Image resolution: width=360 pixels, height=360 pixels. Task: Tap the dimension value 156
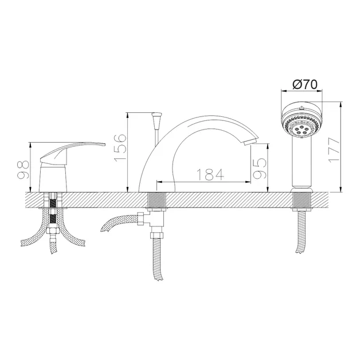pyautogui.click(x=120, y=148)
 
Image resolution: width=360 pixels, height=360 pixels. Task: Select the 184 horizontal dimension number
pyautogui.click(x=210, y=174)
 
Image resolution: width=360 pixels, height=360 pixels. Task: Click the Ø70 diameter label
pyautogui.click(x=305, y=84)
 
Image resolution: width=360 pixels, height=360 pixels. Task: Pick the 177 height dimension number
pyautogui.click(x=334, y=150)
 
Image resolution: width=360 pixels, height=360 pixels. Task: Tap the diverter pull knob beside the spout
pyautogui.click(x=157, y=121)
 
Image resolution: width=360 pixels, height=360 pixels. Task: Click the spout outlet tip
pyautogui.click(x=251, y=141)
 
